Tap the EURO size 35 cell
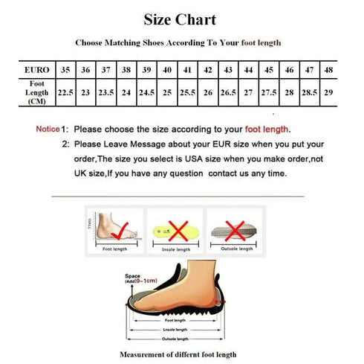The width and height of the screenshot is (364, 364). pyautogui.click(x=65, y=69)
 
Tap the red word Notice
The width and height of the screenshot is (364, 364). pyautogui.click(x=48, y=129)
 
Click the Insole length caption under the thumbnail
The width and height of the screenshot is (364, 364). pyautogui.click(x=176, y=249)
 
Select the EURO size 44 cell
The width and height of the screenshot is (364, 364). pyautogui.click(x=248, y=69)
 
